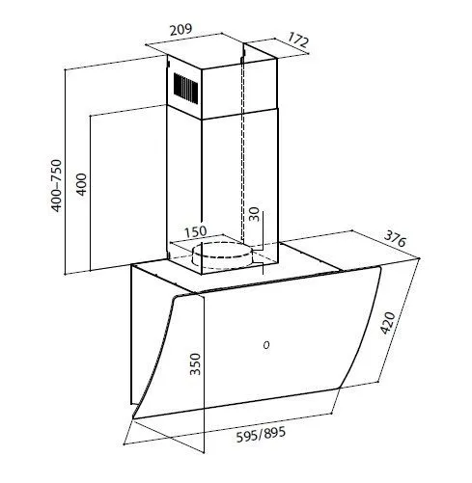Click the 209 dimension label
point(180,30)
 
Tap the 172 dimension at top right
point(298,40)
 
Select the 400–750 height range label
point(56,185)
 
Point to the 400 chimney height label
point(81,184)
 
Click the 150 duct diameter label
point(195,231)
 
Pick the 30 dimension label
point(254,214)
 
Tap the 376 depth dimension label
point(395,238)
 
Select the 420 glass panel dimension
point(388,323)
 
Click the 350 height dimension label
point(195,363)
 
